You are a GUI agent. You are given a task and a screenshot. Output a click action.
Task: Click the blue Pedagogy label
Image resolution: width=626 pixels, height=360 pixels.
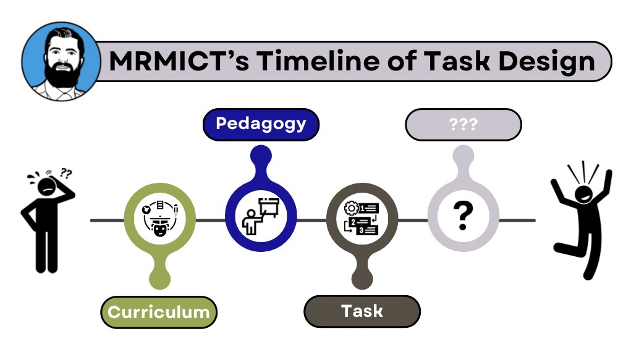click(x=261, y=124)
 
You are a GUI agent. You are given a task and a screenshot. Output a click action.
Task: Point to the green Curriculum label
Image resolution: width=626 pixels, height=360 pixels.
click(x=159, y=312)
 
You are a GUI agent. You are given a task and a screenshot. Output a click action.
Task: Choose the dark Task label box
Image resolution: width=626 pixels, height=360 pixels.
click(x=362, y=311)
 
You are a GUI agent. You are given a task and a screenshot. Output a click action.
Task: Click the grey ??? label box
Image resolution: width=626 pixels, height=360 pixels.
click(x=463, y=124)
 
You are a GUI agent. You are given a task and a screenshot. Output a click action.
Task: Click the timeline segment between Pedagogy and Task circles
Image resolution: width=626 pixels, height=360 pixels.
click(x=311, y=220)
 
